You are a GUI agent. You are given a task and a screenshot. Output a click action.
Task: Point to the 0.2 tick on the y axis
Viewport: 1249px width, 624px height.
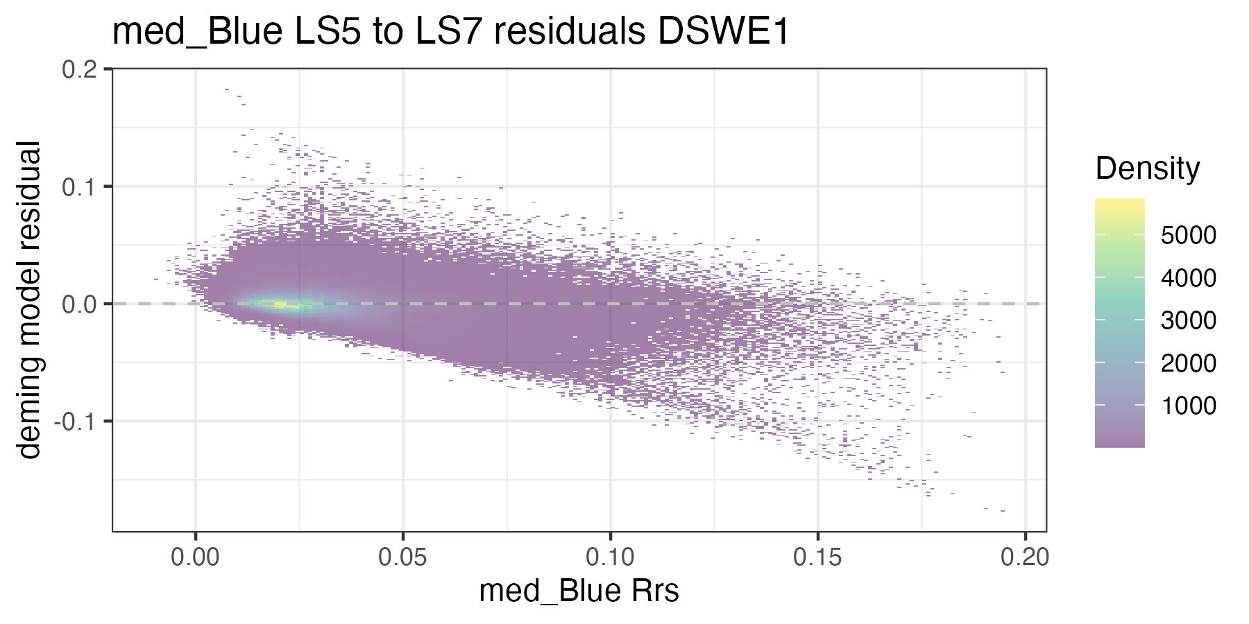(x=80, y=70)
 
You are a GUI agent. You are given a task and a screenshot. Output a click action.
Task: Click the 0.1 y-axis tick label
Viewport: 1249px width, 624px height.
(x=80, y=187)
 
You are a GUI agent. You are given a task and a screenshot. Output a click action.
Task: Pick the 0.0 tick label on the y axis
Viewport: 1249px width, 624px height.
(x=80, y=304)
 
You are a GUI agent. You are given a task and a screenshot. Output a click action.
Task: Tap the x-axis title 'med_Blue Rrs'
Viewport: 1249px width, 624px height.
(x=579, y=591)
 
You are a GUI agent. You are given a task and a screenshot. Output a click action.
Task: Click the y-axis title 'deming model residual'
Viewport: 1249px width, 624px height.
(x=29, y=300)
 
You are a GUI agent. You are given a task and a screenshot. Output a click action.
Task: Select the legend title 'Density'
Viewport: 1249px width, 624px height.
(x=1147, y=168)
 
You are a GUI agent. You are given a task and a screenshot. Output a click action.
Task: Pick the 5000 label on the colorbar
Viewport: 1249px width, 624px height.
(x=1188, y=236)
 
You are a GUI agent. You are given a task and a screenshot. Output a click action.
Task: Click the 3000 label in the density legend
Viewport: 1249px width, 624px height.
(x=1188, y=320)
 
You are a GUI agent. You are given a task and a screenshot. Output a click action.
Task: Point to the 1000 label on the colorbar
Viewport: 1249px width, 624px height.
(x=1188, y=406)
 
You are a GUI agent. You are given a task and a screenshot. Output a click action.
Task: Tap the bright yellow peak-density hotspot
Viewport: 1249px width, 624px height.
(x=278, y=304)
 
